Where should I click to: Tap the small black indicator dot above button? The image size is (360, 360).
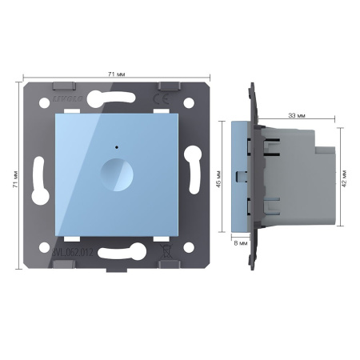pyautogui.click(x=118, y=147)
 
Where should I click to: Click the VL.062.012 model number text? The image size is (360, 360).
pyautogui.click(x=72, y=253)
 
